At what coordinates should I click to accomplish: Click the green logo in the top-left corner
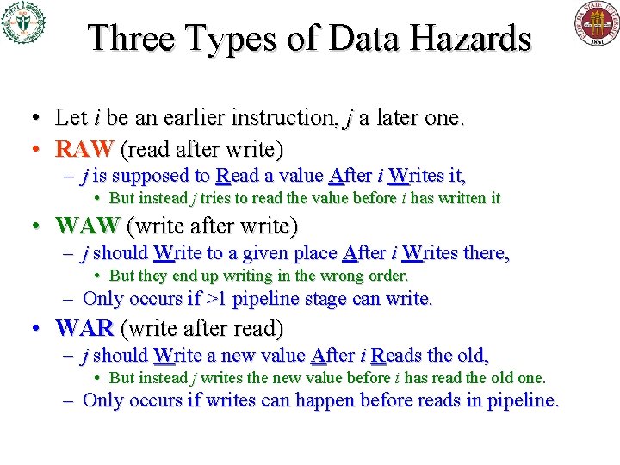tap(22, 23)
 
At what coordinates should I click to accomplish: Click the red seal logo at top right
tap(596, 23)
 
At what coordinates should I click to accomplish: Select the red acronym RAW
tap(84, 150)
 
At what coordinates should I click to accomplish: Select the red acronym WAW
tap(87, 226)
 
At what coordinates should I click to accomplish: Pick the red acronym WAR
tap(84, 329)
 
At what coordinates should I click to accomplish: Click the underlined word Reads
tap(397, 355)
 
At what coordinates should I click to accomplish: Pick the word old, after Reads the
tap(473, 355)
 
